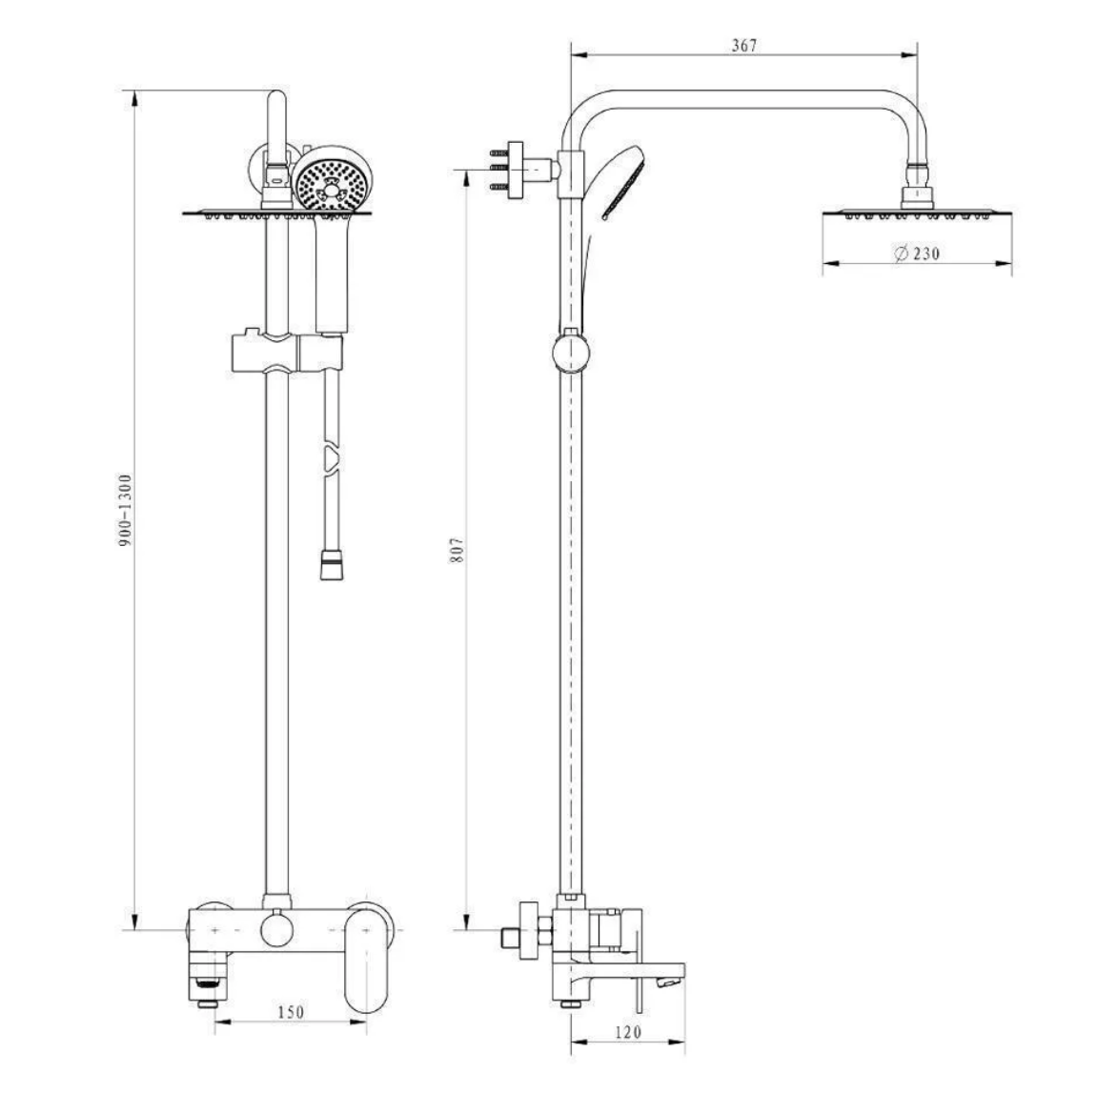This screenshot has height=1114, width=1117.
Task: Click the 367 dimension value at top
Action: [744, 46]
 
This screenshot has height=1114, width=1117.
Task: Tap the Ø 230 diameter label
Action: [917, 253]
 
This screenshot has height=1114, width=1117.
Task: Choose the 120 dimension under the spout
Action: [629, 1031]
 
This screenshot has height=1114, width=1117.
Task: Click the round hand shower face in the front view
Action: [329, 184]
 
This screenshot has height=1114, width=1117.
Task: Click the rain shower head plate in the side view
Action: [918, 213]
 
